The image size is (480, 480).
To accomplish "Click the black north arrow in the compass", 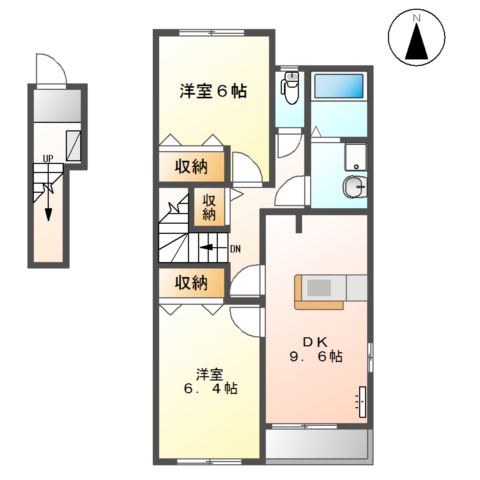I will tap(420, 43).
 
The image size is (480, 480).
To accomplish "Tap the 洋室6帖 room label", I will tap(214, 90).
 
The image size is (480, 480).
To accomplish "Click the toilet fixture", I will tap(289, 90).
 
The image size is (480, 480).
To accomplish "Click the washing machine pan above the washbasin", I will tap(354, 156).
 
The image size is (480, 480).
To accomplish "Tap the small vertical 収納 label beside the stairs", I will tap(209, 207).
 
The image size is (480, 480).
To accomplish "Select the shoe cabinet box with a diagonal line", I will tap(74, 144).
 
